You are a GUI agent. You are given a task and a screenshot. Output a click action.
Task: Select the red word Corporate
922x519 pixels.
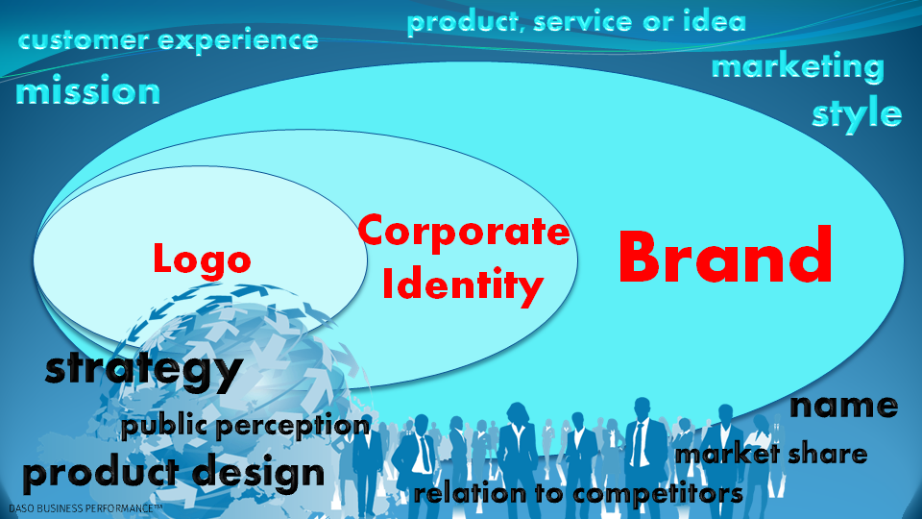click(463, 233)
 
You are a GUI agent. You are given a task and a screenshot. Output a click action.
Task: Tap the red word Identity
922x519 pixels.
click(462, 285)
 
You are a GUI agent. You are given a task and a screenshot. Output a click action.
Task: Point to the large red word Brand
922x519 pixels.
click(725, 256)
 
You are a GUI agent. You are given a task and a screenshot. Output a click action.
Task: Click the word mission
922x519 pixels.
click(87, 90)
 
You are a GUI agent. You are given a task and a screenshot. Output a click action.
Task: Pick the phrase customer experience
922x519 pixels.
click(168, 40)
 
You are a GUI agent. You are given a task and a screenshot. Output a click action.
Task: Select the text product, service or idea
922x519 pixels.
click(576, 22)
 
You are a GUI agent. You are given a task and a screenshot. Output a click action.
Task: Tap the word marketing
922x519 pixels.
click(798, 66)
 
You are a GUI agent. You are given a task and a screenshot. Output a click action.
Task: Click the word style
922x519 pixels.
click(857, 114)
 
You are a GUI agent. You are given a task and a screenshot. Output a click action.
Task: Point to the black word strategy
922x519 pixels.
click(144, 371)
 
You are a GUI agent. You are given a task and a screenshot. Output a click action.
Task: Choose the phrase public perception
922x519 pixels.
click(246, 426)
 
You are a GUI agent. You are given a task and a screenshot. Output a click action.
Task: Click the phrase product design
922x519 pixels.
click(174, 473)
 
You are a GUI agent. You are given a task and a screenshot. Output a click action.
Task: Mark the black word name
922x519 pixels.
click(843, 406)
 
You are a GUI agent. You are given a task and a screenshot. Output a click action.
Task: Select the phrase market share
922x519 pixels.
click(771, 455)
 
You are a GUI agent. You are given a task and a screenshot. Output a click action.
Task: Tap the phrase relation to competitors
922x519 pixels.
click(578, 493)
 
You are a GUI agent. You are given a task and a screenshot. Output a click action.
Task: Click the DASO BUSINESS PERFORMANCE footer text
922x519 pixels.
click(85, 507)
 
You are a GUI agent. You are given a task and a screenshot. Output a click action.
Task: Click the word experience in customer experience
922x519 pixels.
click(238, 41)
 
